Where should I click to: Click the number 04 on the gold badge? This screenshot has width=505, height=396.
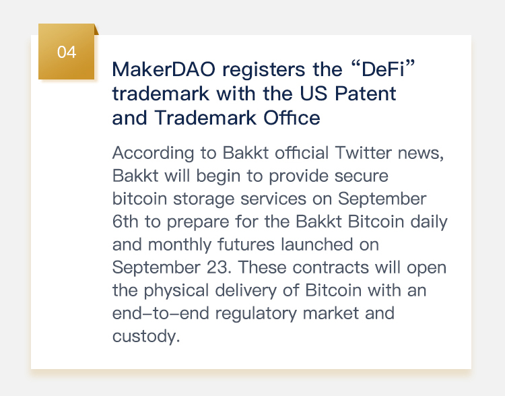67,52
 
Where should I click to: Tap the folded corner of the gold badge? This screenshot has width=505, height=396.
96,30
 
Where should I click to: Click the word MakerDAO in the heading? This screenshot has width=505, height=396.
164,69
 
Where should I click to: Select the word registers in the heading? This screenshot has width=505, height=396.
264,70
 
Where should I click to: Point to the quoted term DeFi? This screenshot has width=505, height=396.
383,69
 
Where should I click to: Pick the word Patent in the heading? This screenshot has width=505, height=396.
365,94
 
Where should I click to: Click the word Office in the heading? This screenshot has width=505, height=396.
292,118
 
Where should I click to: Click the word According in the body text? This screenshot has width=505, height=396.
154,154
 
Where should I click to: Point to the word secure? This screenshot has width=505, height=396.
361,176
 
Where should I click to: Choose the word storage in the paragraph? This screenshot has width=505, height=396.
204,199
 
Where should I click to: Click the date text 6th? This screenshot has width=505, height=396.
125,222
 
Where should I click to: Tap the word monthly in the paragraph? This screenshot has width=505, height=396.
180,245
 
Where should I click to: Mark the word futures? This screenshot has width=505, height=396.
246,244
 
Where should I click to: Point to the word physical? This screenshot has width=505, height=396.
176,291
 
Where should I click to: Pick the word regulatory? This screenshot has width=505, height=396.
256,314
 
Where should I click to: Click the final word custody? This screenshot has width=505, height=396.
146,337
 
